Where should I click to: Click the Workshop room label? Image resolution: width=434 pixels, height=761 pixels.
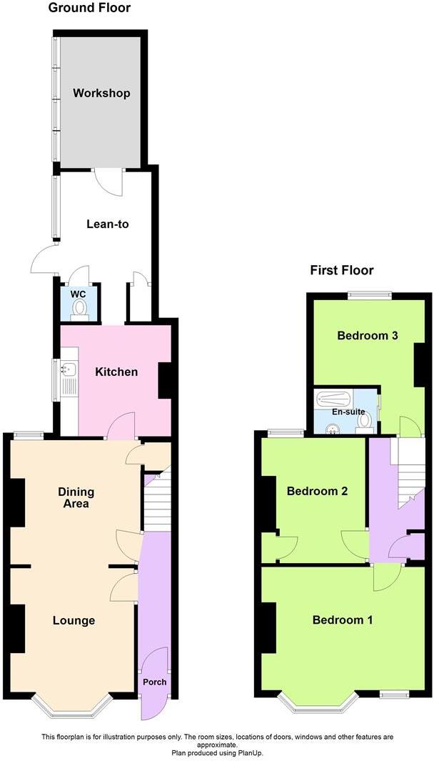101,94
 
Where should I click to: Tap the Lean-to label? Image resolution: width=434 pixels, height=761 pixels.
107,224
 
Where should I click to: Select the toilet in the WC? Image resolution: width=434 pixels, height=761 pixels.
79,308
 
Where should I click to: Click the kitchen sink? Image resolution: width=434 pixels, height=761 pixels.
69,369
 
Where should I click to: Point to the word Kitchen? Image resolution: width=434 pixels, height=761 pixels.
116,372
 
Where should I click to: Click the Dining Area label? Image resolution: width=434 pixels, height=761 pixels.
76,497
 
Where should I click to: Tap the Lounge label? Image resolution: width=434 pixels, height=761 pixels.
74,620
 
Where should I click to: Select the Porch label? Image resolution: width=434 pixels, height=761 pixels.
154,682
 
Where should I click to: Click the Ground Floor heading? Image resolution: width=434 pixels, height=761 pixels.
89,9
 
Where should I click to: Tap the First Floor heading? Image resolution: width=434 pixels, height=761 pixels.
341,270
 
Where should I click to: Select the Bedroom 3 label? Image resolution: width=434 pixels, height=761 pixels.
368,335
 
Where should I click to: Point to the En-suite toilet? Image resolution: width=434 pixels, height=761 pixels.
364,422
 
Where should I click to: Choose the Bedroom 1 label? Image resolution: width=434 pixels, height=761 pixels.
343,620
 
